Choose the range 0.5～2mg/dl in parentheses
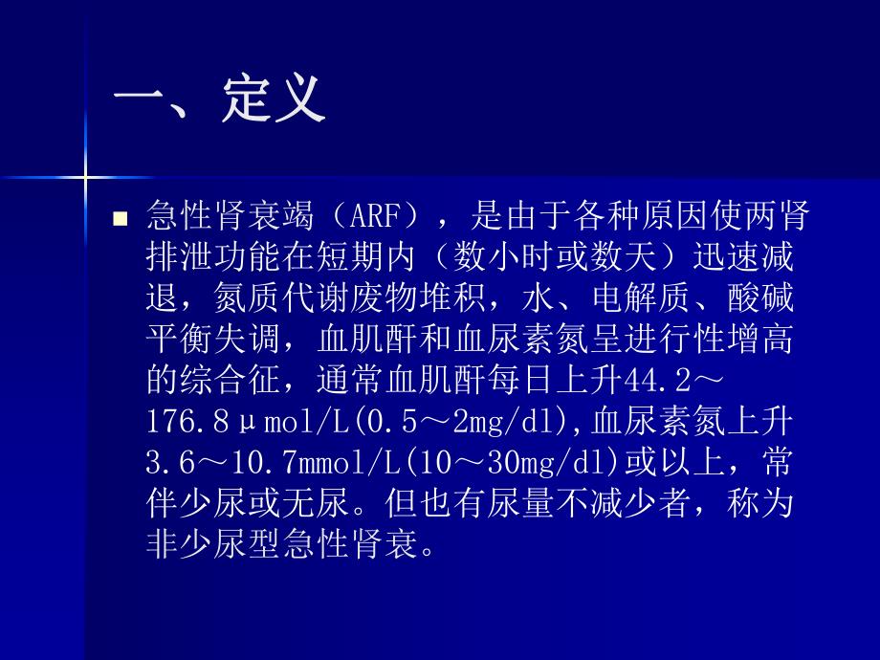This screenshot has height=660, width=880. (450, 423)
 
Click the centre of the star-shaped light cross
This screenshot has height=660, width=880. (86, 176)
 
